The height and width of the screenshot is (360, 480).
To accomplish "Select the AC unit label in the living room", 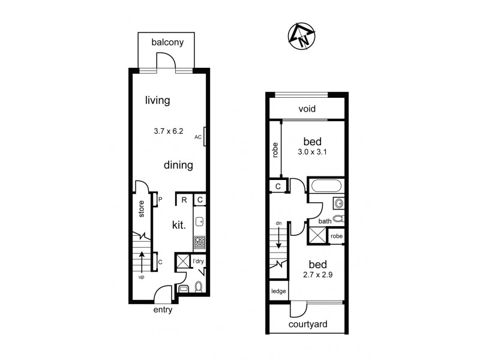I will [198, 137].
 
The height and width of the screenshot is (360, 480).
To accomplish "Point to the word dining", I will [178, 165].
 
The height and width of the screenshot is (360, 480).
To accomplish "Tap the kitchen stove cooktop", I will [200, 242].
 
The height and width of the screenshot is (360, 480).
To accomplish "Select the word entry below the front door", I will [163, 310].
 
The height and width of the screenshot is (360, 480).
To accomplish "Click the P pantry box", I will [154, 199].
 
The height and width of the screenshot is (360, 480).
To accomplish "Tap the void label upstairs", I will [307, 109].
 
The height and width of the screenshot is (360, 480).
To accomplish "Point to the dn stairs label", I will [278, 224].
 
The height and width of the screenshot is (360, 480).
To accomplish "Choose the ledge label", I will [278, 292].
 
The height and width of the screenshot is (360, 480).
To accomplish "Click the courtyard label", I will [308, 325].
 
